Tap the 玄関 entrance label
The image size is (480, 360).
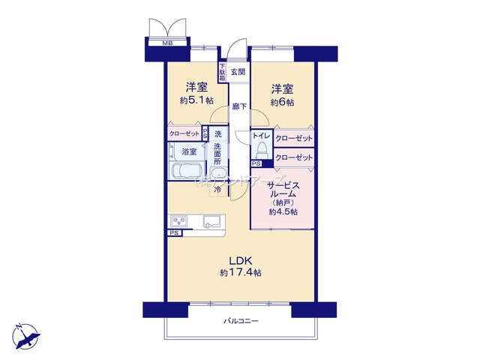tap(238, 73)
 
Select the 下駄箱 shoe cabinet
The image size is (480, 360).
tap(222, 73)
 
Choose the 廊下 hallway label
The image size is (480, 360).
tap(238, 106)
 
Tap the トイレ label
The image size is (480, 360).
tap(261, 136)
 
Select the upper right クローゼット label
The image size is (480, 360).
tap(293, 139)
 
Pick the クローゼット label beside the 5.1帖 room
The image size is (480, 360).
tap(184, 134)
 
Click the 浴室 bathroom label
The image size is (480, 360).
tap(189, 151)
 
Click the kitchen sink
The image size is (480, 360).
tap(211, 221)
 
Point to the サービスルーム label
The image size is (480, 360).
tap(283, 189)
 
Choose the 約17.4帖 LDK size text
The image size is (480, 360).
tap(240, 273)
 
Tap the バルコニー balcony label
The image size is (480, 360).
tap(241, 321)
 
